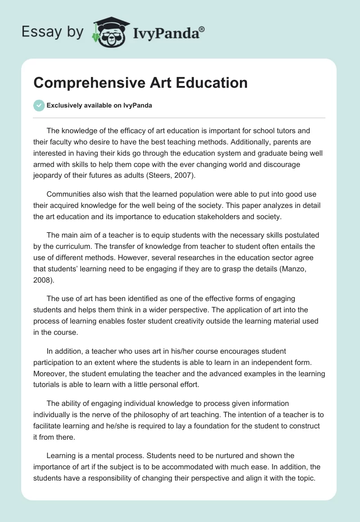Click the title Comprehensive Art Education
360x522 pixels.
pyautogui.click(x=140, y=83)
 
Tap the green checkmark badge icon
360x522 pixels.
pyautogui.click(x=39, y=105)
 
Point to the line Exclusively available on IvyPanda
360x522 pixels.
pyautogui.click(x=99, y=106)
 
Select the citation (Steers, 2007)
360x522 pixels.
pyautogui.click(x=171, y=175)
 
